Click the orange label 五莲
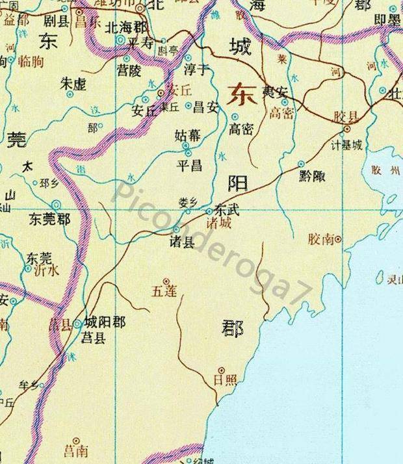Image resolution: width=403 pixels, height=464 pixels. pos(164,291)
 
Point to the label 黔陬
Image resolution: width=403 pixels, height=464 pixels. pos(313,175)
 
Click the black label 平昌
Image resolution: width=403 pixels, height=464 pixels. pos(189,165)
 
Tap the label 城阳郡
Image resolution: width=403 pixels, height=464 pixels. pos(105,322)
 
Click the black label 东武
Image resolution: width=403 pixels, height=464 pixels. pos(227,211)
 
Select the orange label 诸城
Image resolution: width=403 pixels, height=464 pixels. pos(218,222)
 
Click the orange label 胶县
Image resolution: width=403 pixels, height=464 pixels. pos(346,117)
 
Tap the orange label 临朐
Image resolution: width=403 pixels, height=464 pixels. pos(30,62)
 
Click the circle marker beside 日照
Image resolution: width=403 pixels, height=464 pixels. pos(220,370)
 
